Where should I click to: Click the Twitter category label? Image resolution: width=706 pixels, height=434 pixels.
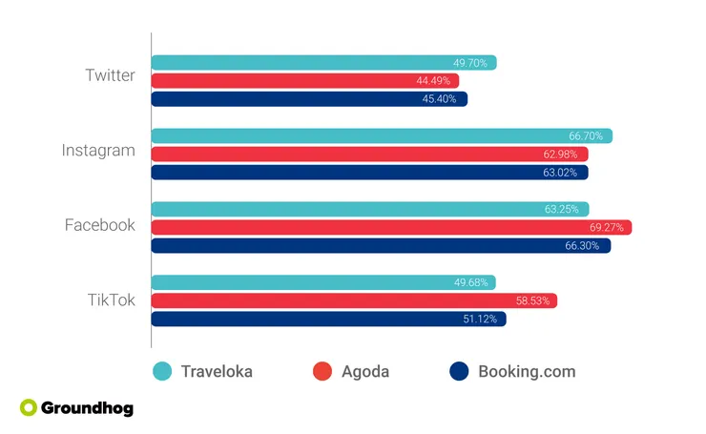tap(110, 75)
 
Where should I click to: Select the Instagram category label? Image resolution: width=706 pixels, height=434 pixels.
tap(98, 151)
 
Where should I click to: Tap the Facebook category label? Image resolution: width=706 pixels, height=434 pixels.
tap(100, 225)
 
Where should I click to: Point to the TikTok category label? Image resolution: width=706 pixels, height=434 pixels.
tap(112, 300)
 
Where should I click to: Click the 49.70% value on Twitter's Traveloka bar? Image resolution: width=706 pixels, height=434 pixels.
tap(470, 63)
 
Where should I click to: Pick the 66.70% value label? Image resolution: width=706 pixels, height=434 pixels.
tap(586, 136)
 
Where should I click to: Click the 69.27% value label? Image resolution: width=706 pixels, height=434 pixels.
tap(606, 227)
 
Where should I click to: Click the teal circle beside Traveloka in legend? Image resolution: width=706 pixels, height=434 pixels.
tap(163, 371)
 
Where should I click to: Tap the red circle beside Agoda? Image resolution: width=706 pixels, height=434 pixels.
tap(322, 371)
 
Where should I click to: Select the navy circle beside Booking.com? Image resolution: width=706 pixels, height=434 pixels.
tap(459, 371)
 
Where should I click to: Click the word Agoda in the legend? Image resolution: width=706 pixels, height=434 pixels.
tap(365, 371)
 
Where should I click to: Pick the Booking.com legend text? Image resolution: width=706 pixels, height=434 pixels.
tap(527, 371)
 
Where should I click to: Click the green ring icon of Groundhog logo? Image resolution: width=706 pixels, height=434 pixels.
tap(28, 407)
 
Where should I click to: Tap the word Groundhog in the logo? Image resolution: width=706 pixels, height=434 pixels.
tap(87, 408)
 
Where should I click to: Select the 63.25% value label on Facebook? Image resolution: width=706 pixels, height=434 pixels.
tap(562, 209)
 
